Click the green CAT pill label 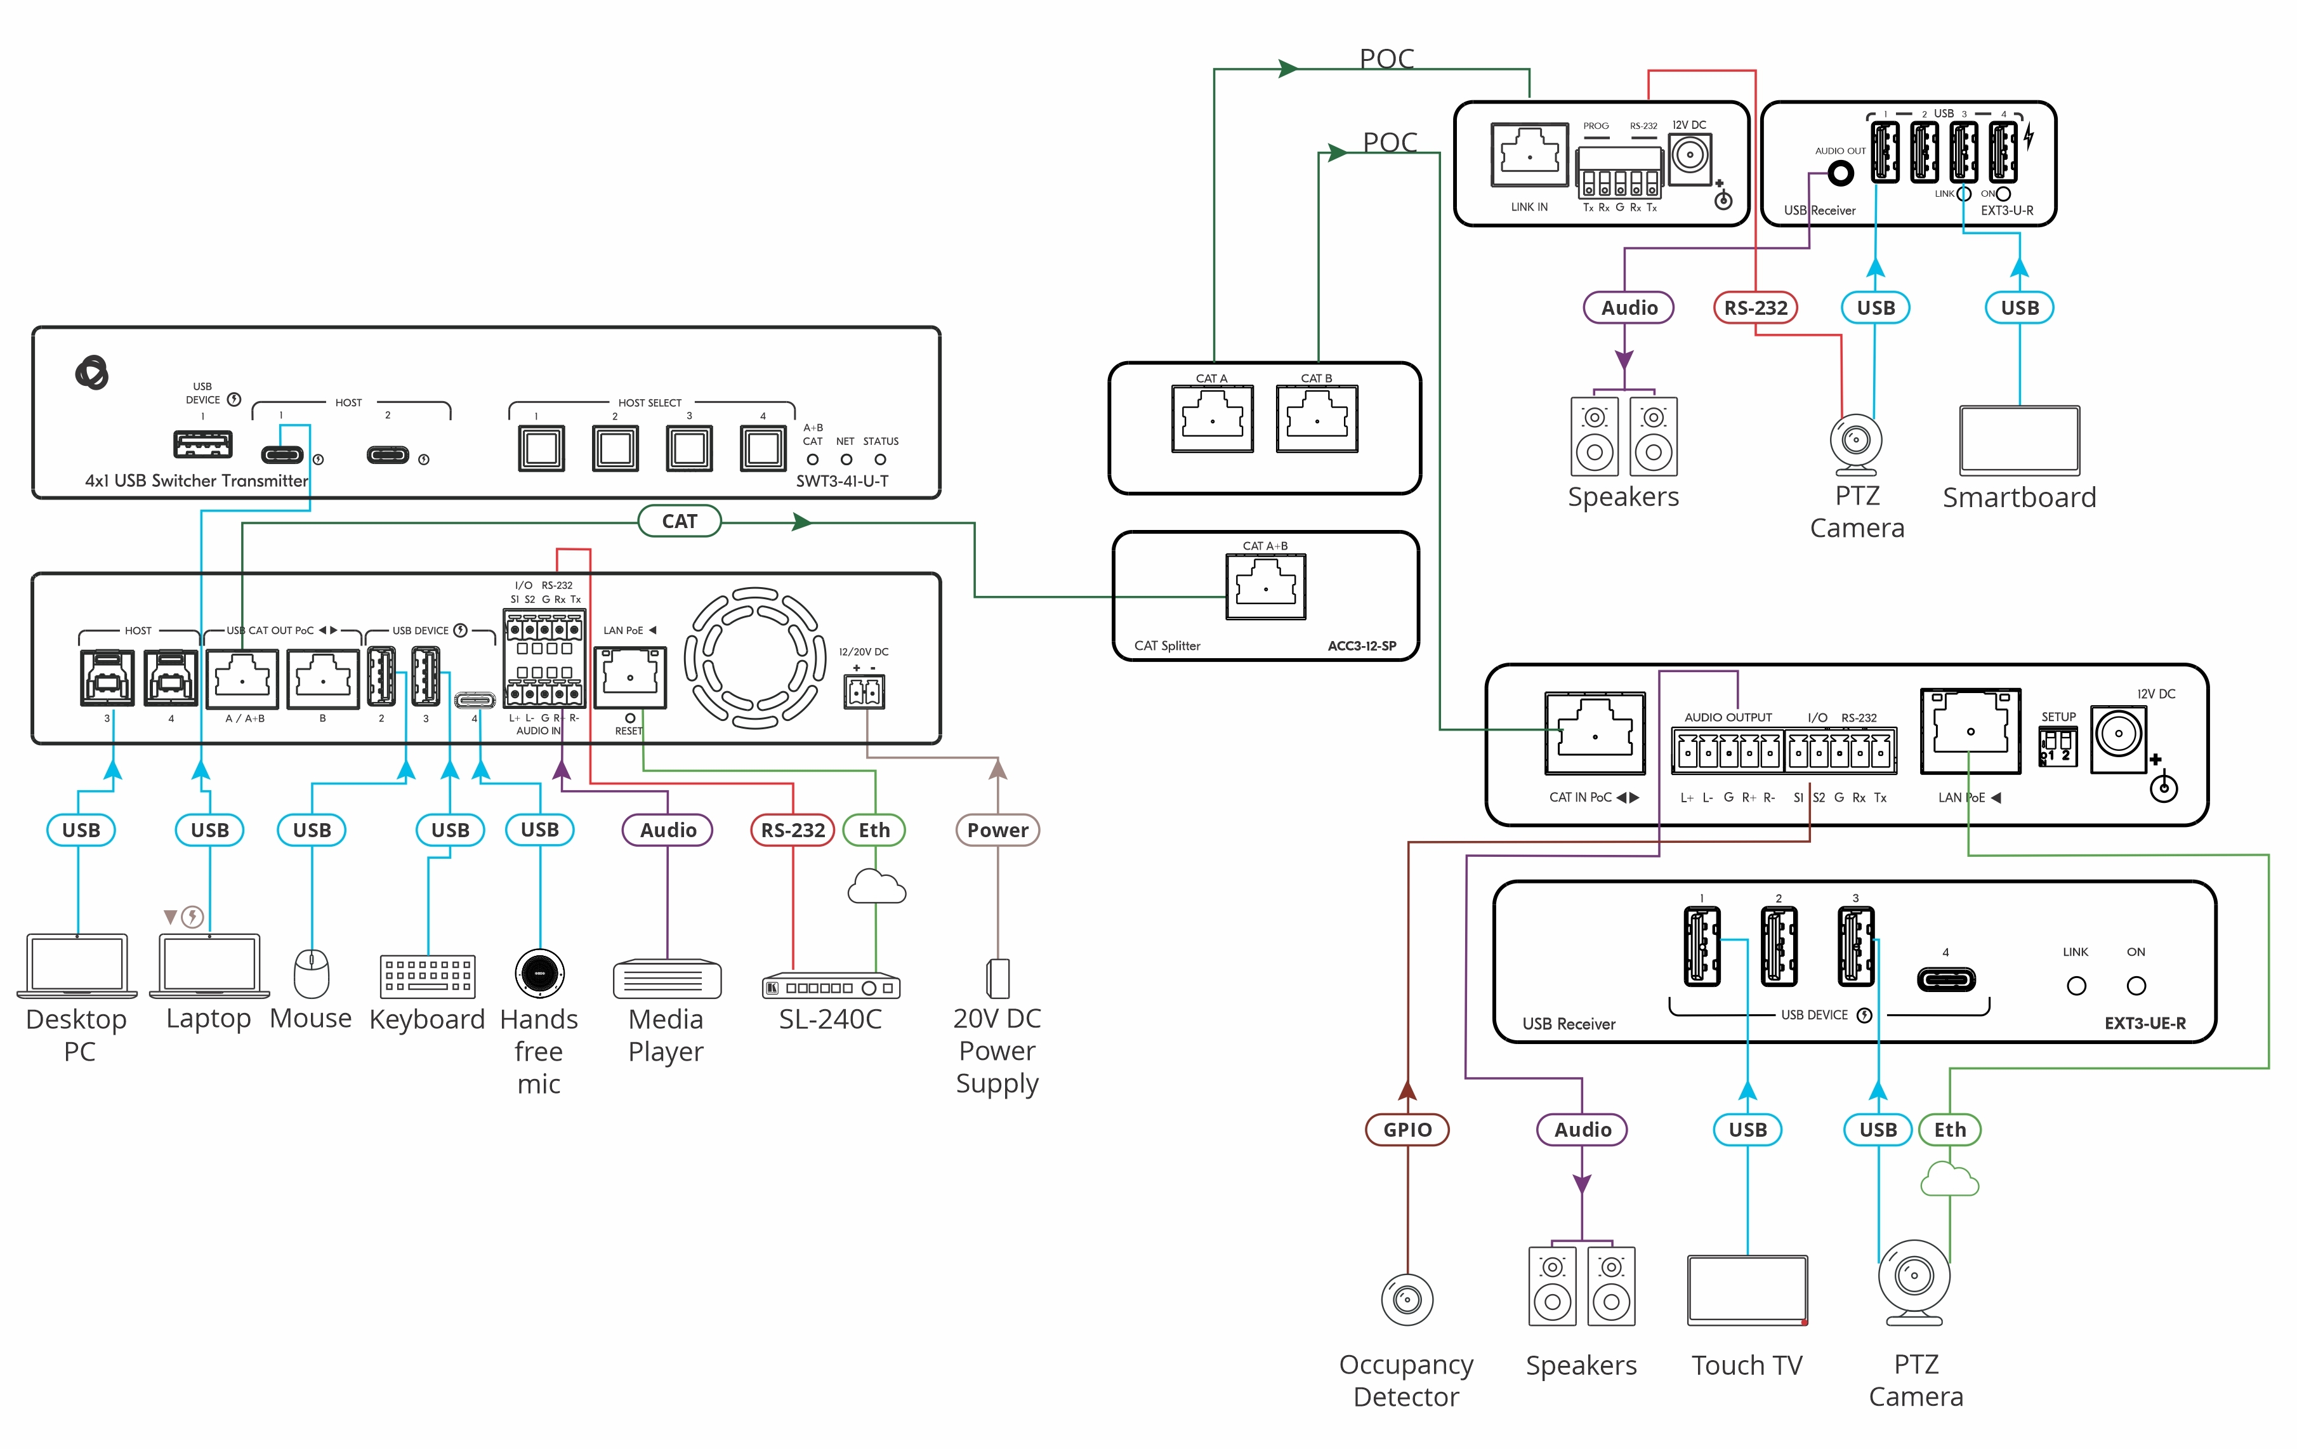pyautogui.click(x=679, y=521)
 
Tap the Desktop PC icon pyautogui.click(x=77, y=965)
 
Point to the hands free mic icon pyautogui.click(x=540, y=973)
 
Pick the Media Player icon pyautogui.click(x=667, y=979)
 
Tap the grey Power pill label pyautogui.click(x=997, y=830)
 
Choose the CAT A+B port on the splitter pyautogui.click(x=1266, y=586)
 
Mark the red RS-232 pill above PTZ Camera pyautogui.click(x=1755, y=307)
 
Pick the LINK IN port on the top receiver pyautogui.click(x=1529, y=154)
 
